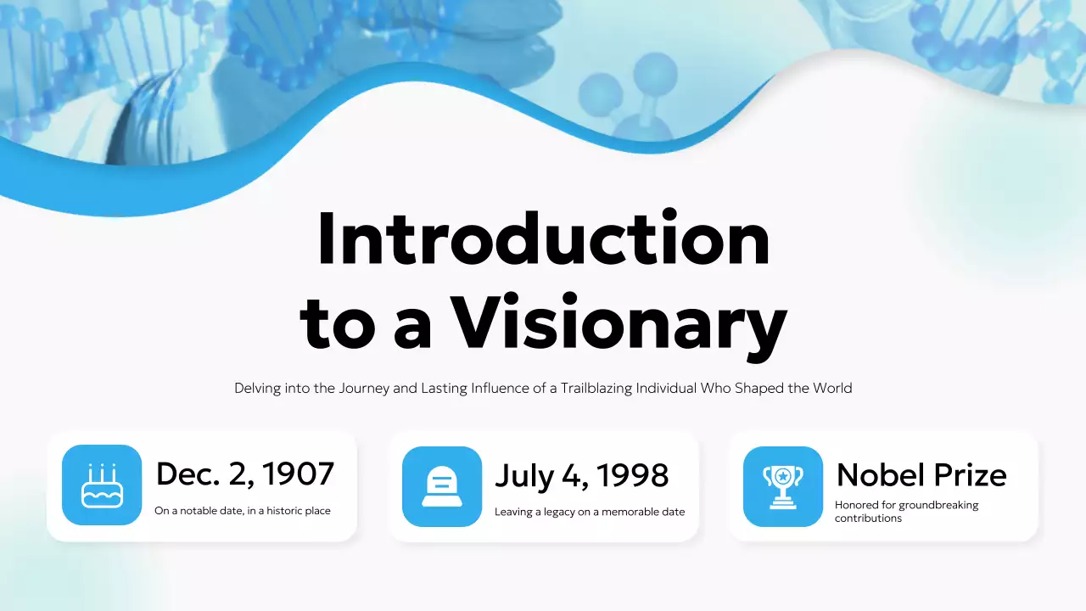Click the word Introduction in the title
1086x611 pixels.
(543, 238)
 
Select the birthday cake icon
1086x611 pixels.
(102, 485)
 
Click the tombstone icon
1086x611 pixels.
(441, 486)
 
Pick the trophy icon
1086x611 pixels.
(782, 486)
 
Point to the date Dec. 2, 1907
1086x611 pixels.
(244, 474)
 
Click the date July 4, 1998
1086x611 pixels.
(581, 475)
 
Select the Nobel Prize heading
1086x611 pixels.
(921, 474)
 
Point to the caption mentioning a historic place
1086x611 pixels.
(243, 511)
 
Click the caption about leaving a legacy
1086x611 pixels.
(590, 512)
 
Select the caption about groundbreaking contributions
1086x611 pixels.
(906, 511)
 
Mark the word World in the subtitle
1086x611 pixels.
(832, 389)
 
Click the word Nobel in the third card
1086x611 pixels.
(875, 474)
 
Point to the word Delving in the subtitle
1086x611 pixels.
(257, 389)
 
